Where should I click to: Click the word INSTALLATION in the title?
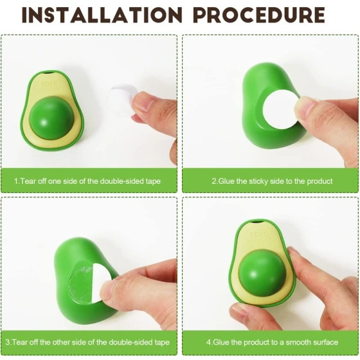pos(102,15)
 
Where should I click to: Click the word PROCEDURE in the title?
pos(259,15)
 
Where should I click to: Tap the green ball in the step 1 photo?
pos(51,118)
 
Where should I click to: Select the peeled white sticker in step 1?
pos(122,99)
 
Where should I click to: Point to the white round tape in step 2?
pos(280,109)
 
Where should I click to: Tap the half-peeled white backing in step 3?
pos(101,282)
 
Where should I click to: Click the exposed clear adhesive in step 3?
pos(80,282)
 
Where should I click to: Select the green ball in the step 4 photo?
pos(262,273)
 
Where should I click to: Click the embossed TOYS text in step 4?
pos(258,235)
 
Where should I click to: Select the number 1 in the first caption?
pos(15,181)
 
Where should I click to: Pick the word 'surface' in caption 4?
pos(325,342)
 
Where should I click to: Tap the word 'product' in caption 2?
pos(319,181)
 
